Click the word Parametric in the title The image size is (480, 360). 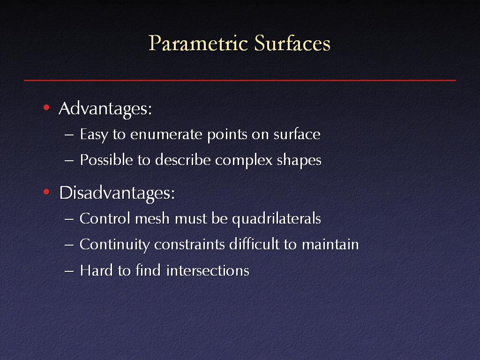point(198,43)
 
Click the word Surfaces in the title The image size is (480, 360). point(292,43)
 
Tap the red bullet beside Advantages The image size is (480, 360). point(46,107)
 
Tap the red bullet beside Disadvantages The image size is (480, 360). point(46,192)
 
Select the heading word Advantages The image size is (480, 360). point(105,109)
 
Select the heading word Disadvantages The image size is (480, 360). point(117,194)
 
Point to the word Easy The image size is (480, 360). point(94,135)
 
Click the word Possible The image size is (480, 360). point(106,160)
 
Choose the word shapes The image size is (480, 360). point(299,160)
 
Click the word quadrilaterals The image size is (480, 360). point(277,219)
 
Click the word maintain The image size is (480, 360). point(330,245)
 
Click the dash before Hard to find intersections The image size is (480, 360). point(69,271)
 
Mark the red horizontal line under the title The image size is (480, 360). point(240,80)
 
